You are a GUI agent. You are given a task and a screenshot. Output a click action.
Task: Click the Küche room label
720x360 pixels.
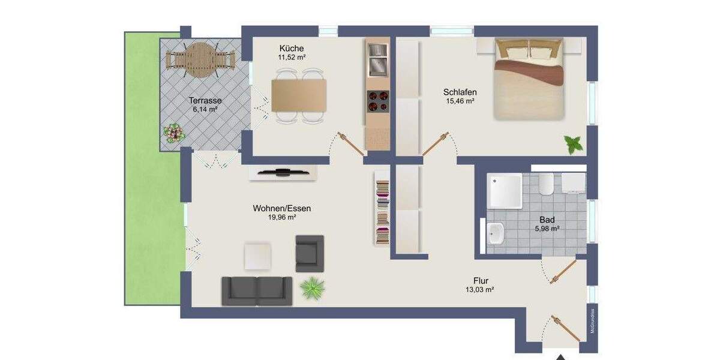tap(291, 48)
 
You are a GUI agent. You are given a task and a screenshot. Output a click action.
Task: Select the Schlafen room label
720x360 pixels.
tap(460, 92)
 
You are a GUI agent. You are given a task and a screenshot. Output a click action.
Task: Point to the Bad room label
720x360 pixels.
tap(547, 220)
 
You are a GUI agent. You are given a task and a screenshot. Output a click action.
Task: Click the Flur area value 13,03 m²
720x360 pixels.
tap(480, 290)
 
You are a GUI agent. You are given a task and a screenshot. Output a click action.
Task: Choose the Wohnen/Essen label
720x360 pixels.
tap(281, 208)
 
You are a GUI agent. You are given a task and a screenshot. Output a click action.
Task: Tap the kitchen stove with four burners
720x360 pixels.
tap(377, 100)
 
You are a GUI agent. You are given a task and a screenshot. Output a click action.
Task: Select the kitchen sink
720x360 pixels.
tap(377, 62)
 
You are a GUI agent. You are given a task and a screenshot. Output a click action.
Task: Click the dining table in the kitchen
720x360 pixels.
tap(299, 96)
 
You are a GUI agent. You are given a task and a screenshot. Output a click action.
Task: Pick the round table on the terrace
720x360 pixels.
tap(200, 60)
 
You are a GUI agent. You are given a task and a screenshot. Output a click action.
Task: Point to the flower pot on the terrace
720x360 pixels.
tap(175, 133)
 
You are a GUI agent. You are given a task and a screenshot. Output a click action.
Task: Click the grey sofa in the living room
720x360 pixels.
tap(257, 290)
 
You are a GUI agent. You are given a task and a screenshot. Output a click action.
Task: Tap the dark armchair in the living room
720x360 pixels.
tap(309, 253)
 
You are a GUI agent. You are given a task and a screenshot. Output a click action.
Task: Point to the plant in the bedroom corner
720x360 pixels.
tap(572, 144)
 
